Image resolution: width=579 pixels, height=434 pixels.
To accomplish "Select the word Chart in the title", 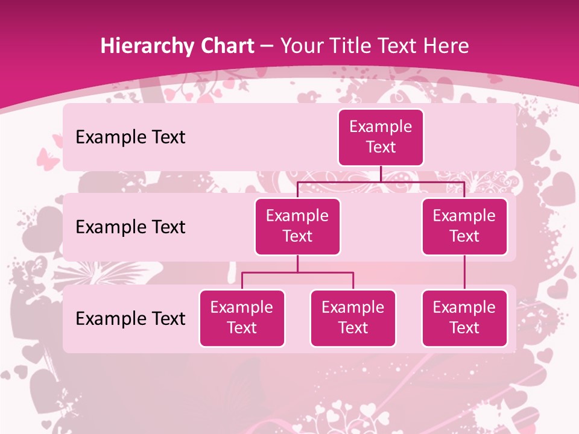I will click(x=225, y=46).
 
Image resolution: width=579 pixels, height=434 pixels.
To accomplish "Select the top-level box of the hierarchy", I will click(x=381, y=137).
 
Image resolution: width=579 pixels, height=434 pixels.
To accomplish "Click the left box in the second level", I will click(x=297, y=226).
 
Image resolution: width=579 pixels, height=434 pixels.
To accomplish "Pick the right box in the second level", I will click(x=464, y=226).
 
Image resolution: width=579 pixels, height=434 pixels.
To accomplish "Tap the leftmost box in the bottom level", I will click(x=242, y=318).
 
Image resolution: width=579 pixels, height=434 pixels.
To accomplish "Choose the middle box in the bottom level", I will click(x=353, y=318).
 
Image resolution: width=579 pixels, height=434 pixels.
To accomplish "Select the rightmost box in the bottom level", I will click(x=464, y=318).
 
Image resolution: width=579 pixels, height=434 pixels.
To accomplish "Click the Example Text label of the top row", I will click(x=130, y=137).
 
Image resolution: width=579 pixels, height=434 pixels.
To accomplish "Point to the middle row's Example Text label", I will click(x=130, y=227).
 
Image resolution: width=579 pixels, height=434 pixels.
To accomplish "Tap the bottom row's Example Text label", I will click(x=130, y=318).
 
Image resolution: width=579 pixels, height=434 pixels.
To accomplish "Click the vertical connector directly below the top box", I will click(x=381, y=174).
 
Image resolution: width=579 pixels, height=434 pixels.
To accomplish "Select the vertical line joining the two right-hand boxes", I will click(x=464, y=272).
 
